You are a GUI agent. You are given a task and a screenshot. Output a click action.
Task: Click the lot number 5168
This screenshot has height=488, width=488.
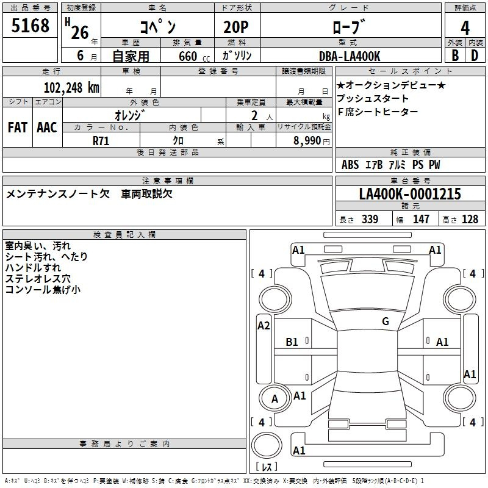click(30, 25)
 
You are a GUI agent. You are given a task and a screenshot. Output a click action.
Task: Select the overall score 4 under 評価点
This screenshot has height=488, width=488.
click(465, 28)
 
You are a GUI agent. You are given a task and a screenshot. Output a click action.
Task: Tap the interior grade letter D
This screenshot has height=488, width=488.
click(475, 56)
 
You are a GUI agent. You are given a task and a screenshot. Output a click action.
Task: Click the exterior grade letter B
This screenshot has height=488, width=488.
click(455, 56)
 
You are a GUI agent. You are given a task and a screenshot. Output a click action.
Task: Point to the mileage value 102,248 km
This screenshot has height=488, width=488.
click(71, 87)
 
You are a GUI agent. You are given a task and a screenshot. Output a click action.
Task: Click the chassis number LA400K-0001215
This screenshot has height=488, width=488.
click(410, 193)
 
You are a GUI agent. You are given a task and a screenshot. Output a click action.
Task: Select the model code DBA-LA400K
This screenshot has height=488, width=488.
click(350, 56)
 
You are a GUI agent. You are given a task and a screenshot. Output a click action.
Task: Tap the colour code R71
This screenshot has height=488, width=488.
click(101, 141)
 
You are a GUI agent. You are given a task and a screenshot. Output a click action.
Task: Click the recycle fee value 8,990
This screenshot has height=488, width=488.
click(307, 140)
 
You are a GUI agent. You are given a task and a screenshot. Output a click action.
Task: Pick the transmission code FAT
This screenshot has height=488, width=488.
click(18, 127)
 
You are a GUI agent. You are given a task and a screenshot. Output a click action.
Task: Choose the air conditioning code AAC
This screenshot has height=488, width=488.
click(47, 127)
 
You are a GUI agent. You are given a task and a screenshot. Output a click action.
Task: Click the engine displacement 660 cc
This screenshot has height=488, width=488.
click(195, 56)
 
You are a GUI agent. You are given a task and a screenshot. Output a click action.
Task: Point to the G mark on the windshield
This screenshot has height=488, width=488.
click(386, 321)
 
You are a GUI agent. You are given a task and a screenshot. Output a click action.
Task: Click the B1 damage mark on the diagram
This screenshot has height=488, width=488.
click(292, 342)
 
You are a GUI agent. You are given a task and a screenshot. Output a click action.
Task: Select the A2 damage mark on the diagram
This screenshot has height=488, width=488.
click(264, 326)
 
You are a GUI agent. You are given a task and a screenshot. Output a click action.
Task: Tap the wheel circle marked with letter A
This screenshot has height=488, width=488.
click(274, 398)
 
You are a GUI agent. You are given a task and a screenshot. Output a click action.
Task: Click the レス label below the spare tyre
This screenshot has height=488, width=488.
click(267, 467)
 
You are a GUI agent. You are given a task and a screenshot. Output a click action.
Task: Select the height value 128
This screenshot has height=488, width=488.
click(470, 219)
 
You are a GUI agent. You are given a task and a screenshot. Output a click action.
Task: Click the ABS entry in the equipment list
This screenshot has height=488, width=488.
click(350, 165)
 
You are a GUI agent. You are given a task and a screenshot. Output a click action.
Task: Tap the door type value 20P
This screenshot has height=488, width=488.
click(236, 27)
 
